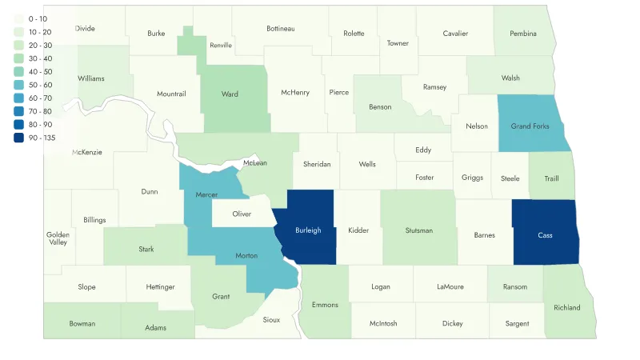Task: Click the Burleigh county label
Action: click(x=308, y=230)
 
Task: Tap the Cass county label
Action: click(x=545, y=235)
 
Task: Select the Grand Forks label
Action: click(x=530, y=126)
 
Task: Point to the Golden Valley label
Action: click(x=57, y=238)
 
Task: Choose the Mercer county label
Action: click(x=206, y=194)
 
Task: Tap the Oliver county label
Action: click(x=242, y=214)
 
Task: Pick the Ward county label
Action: click(x=230, y=94)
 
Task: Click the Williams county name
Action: click(x=90, y=78)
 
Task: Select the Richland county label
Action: click(x=566, y=307)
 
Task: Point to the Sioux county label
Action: click(x=272, y=320)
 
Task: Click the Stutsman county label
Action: click(x=418, y=230)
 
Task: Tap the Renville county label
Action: click(x=220, y=46)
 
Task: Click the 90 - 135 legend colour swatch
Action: click(x=18, y=137)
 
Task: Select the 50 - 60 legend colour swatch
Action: click(x=18, y=84)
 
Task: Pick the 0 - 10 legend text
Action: click(x=38, y=18)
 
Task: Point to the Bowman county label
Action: click(x=82, y=324)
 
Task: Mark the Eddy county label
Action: click(x=423, y=149)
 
